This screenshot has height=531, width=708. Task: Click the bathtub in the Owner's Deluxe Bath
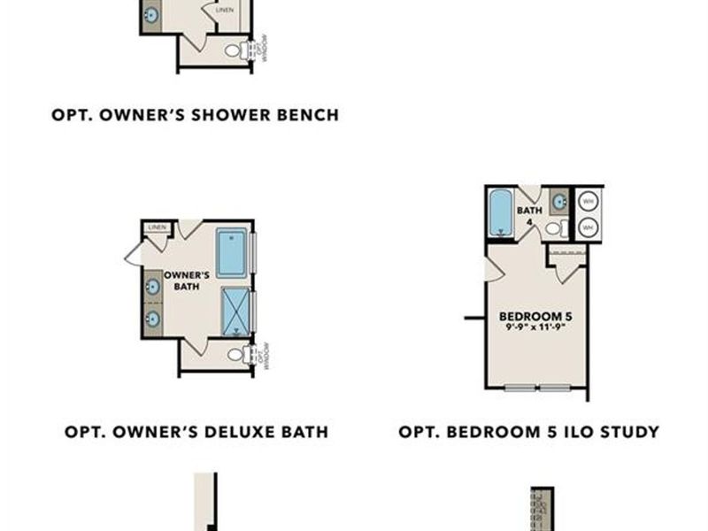pyautogui.click(x=232, y=252)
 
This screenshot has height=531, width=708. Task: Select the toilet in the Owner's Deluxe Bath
pyautogui.click(x=235, y=354)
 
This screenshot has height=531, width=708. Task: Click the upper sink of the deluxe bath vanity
pyautogui.click(x=152, y=287)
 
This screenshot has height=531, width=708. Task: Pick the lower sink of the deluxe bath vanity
pyautogui.click(x=152, y=318)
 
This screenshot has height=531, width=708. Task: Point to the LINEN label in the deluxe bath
pyautogui.click(x=158, y=227)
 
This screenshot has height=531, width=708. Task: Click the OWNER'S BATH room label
pyautogui.click(x=187, y=281)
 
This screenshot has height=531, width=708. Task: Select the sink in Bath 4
pyautogui.click(x=559, y=202)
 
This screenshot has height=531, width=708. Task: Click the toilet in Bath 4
pyautogui.click(x=554, y=228)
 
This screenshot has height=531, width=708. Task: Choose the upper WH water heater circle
pyautogui.click(x=589, y=202)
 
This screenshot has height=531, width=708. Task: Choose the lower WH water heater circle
pyautogui.click(x=589, y=227)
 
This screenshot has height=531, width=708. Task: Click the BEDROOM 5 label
pyautogui.click(x=531, y=316)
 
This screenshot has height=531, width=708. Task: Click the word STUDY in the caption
pyautogui.click(x=627, y=432)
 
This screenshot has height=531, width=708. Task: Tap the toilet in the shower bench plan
pyautogui.click(x=234, y=50)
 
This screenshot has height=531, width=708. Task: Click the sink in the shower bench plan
pyautogui.click(x=150, y=15)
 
